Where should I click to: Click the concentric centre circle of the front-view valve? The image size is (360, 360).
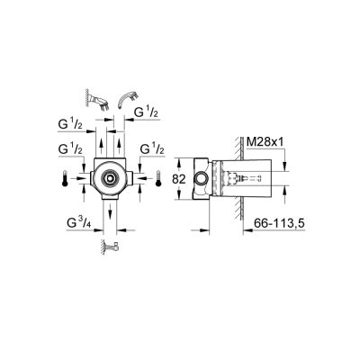pos(109,178)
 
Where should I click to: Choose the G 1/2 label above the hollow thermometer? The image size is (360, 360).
pos(149,148)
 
